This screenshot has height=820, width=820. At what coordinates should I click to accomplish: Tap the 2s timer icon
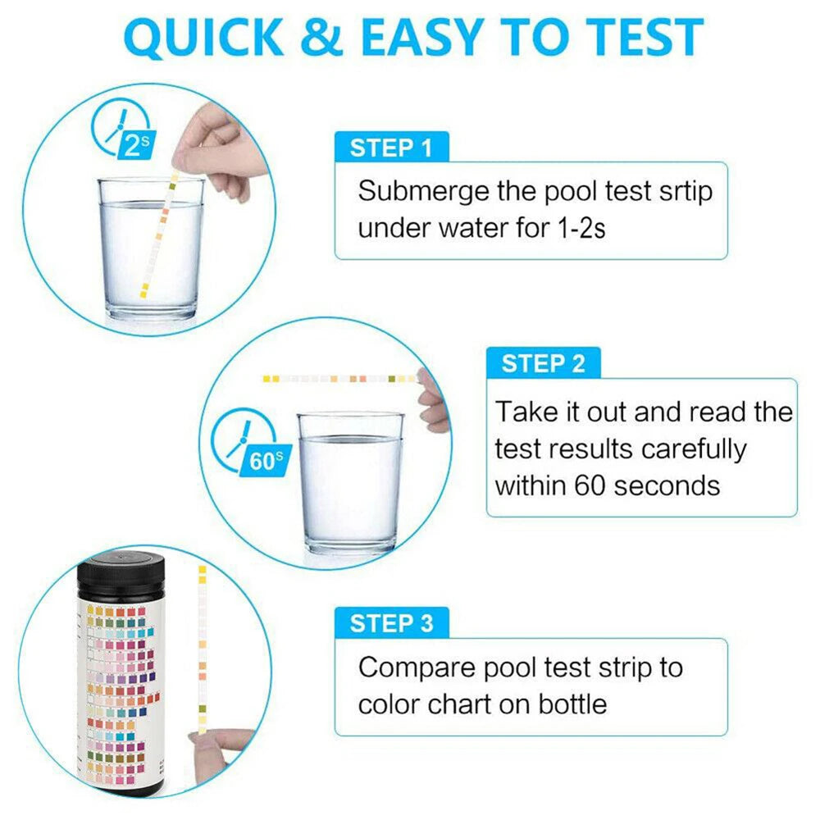[x=123, y=134]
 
